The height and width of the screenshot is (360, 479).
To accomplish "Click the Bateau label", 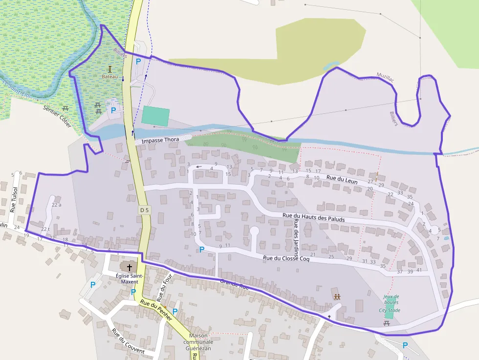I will coord(109,77).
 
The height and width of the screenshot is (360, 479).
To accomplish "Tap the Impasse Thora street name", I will coord(160,141).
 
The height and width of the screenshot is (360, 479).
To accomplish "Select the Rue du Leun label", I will coord(342,180).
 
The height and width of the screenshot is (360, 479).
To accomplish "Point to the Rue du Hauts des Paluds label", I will coord(313,217).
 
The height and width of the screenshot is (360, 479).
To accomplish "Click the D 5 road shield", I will coord(144,210).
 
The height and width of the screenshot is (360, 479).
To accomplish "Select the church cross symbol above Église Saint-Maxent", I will coord(130,267).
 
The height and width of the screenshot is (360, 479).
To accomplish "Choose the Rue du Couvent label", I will coord(128,341).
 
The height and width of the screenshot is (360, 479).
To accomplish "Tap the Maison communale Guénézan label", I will coord(198,341).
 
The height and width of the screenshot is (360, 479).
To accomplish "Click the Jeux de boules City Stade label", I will coord(391,303).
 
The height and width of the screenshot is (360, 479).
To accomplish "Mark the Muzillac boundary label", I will coord(385,76).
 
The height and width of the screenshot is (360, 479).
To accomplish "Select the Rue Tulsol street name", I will coord(14,200).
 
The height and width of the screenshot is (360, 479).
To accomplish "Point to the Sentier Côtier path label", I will coord(57,117).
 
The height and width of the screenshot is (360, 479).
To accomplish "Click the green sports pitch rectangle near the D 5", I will coord(155,115).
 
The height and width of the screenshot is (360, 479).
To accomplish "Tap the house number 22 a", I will coord(56,205).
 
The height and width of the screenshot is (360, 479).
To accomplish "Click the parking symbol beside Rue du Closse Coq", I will coord(201,250).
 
